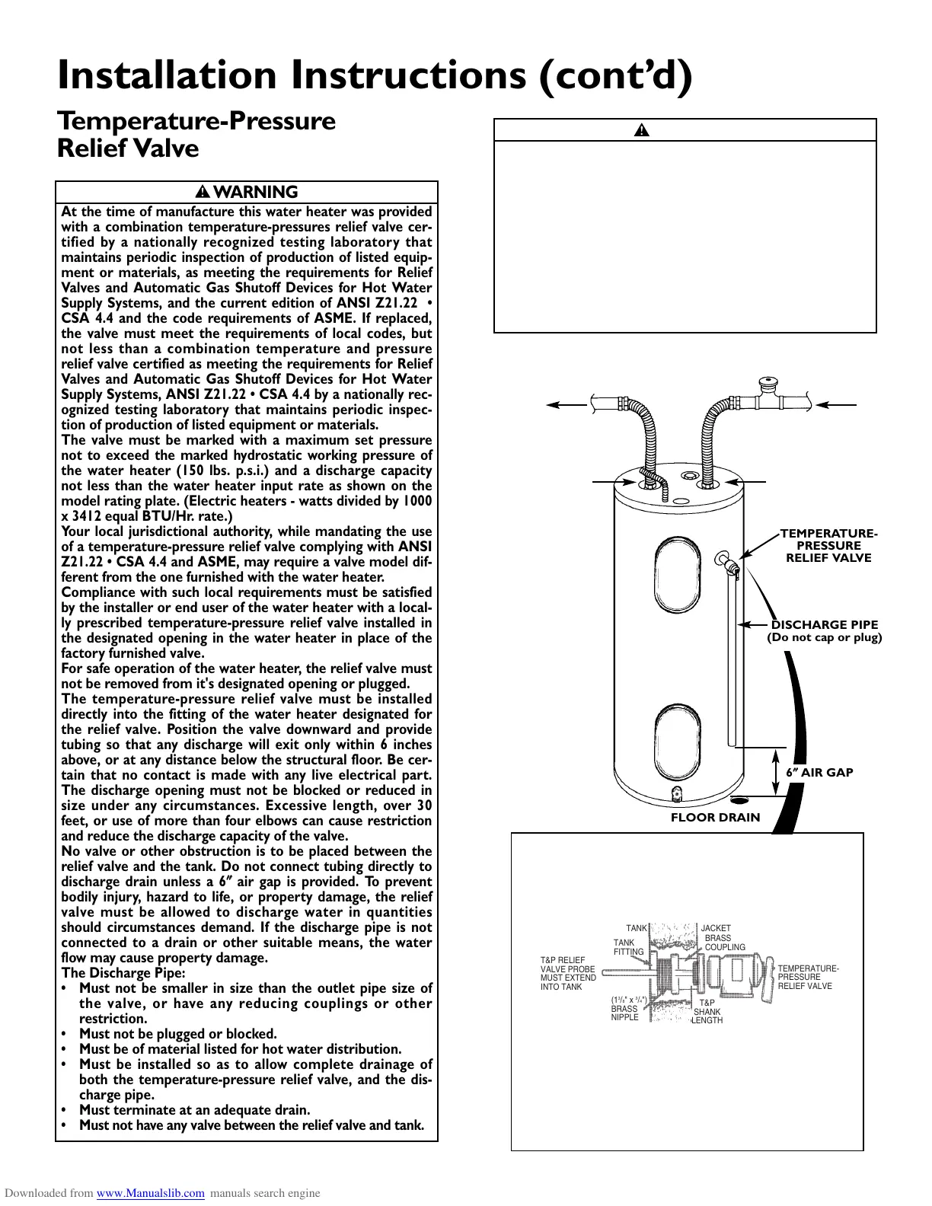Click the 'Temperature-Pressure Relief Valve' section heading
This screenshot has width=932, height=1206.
(x=196, y=134)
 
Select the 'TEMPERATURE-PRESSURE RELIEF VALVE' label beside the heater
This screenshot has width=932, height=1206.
(x=828, y=546)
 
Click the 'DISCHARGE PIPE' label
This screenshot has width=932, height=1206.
(x=825, y=625)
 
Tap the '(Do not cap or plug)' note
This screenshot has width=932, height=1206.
(x=824, y=637)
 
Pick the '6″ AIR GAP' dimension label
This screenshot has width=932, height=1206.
(x=819, y=772)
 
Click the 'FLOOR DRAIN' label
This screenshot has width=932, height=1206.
(x=715, y=818)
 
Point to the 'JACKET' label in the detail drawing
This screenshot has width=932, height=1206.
(x=716, y=929)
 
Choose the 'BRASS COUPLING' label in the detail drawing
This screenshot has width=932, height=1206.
(x=724, y=943)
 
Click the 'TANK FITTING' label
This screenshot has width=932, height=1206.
(x=628, y=947)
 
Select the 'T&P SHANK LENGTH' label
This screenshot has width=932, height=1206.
(x=707, y=1012)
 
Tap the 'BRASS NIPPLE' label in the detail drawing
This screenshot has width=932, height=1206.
(x=625, y=1013)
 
